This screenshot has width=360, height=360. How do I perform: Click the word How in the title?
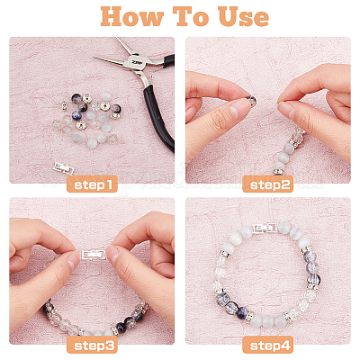131,16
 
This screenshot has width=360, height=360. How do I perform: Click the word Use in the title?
243,16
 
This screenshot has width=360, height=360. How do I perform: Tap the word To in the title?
192,16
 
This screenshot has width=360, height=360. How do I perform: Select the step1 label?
92,184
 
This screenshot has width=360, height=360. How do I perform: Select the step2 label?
268,184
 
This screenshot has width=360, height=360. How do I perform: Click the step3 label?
92,345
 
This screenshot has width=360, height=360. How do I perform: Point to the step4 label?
268,345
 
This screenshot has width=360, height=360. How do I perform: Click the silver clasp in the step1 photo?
64,167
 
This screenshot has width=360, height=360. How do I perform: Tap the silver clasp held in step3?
94,255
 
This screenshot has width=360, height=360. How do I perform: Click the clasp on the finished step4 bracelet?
265,229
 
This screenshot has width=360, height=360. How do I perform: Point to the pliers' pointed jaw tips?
99,57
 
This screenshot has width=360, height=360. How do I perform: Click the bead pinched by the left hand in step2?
253,100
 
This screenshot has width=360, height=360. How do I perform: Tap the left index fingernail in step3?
74,260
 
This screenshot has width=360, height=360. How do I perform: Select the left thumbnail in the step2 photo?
238,109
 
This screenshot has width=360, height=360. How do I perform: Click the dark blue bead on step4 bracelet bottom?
243,313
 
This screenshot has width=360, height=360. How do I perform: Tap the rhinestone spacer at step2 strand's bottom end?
277,172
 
